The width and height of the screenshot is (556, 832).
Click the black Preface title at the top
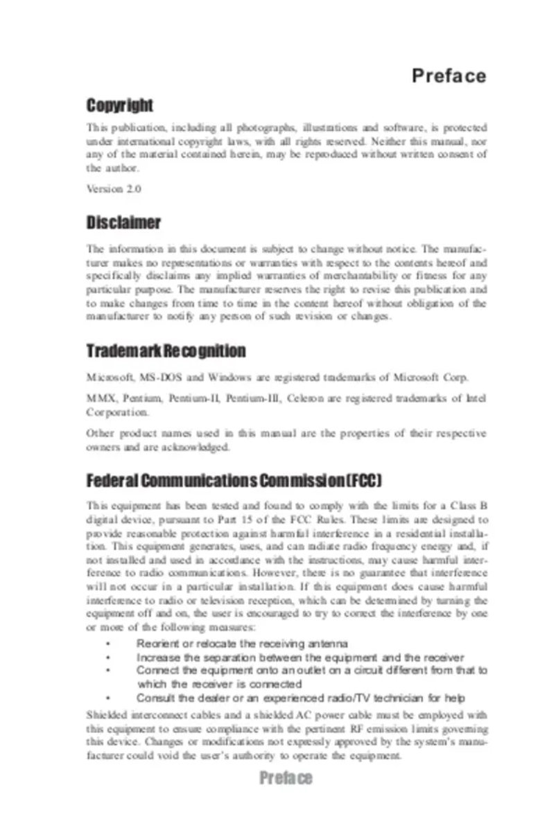point(449,76)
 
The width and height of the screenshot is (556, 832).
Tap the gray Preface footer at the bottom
point(286,778)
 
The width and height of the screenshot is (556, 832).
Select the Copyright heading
point(119,106)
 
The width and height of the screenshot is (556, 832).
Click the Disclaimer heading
point(123,223)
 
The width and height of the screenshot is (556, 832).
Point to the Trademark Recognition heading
point(166,351)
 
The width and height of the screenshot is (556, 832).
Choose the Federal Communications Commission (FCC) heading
point(234,481)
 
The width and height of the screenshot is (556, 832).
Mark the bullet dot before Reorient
point(108,644)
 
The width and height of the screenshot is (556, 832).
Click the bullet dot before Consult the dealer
point(108,698)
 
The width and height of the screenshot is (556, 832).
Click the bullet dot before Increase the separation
point(108,657)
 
